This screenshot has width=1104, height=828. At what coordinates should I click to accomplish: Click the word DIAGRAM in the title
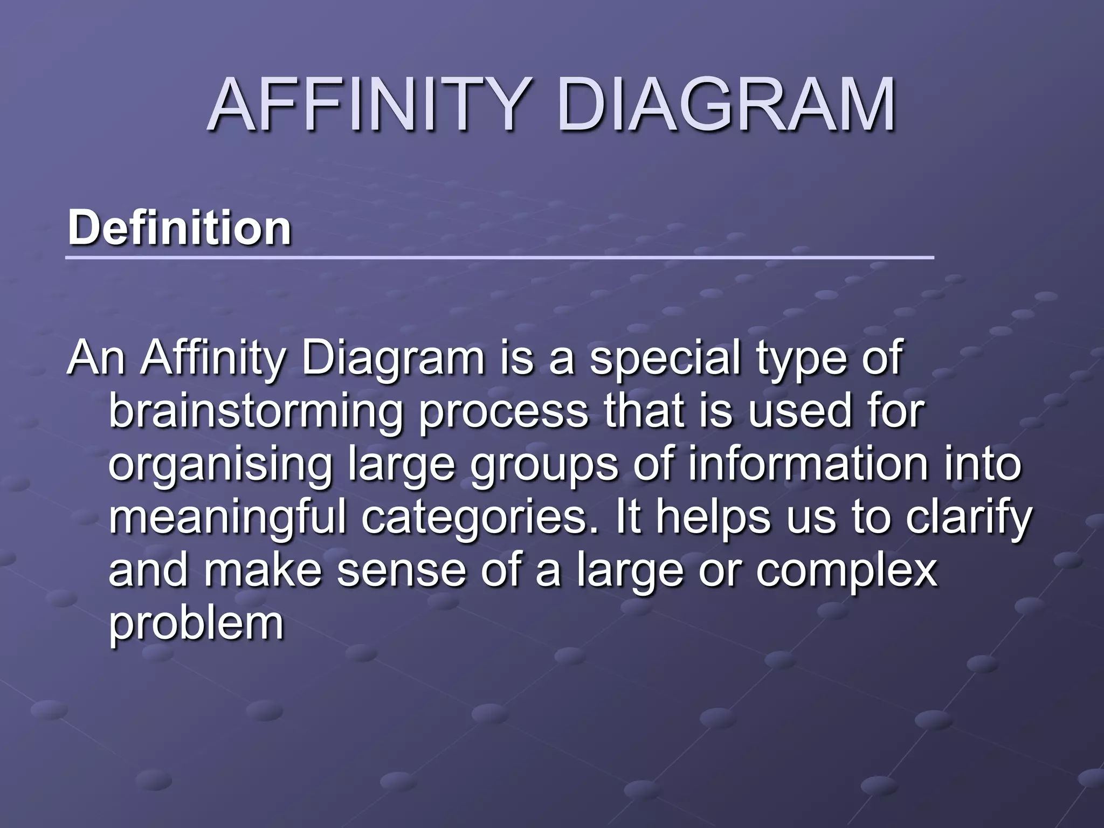point(727,105)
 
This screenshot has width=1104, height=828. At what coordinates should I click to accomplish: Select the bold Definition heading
point(180,229)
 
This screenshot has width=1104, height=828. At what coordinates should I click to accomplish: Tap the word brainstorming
point(256,413)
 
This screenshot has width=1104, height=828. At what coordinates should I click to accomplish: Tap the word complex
point(846,571)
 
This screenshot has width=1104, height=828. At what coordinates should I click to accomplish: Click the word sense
point(401,571)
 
